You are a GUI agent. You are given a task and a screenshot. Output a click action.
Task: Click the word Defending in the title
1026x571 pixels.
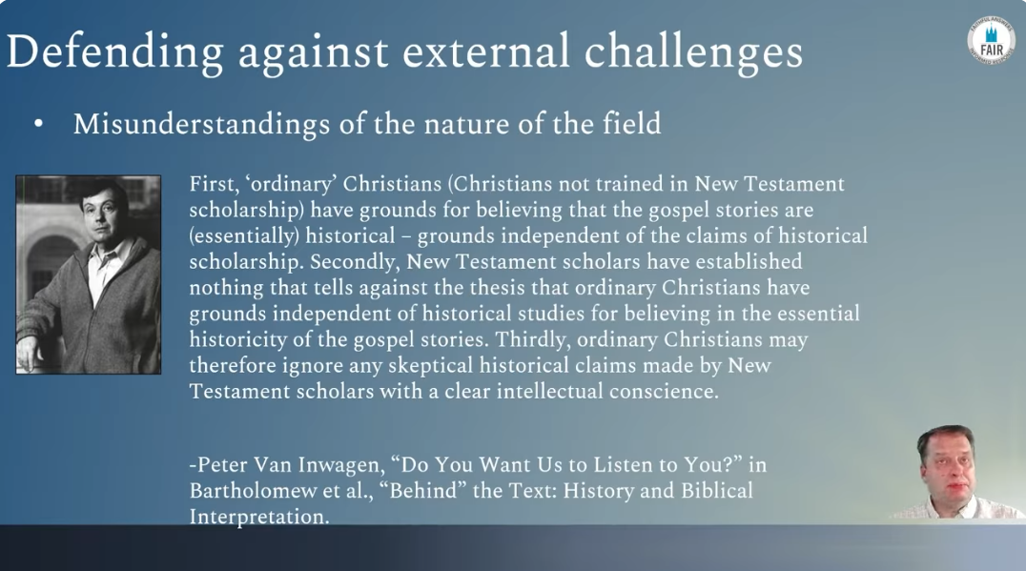click(x=115, y=53)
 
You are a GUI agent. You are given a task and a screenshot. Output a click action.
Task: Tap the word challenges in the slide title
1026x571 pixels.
click(x=693, y=52)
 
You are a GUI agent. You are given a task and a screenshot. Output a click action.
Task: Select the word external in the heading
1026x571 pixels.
click(x=485, y=51)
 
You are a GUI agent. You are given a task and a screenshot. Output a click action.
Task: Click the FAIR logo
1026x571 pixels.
click(x=992, y=41)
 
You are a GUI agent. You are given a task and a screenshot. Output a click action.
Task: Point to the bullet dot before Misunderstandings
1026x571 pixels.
click(x=38, y=124)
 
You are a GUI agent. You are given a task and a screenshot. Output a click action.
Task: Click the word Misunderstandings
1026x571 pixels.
click(x=201, y=125)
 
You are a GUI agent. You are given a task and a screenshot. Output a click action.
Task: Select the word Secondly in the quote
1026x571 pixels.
click(x=354, y=262)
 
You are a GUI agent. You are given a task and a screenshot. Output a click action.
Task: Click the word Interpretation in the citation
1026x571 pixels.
click(x=259, y=518)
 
